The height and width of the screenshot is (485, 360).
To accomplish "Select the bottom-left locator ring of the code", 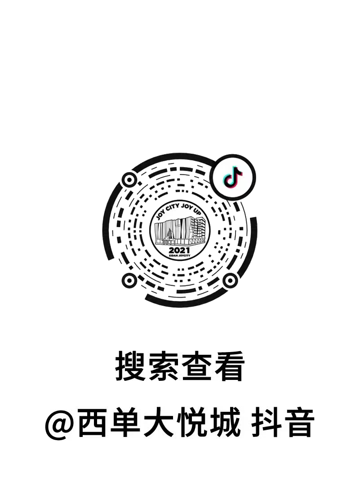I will [129, 281].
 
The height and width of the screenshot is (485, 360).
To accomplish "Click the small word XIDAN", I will [173, 255].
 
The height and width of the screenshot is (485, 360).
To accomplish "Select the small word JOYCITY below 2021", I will [184, 255].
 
